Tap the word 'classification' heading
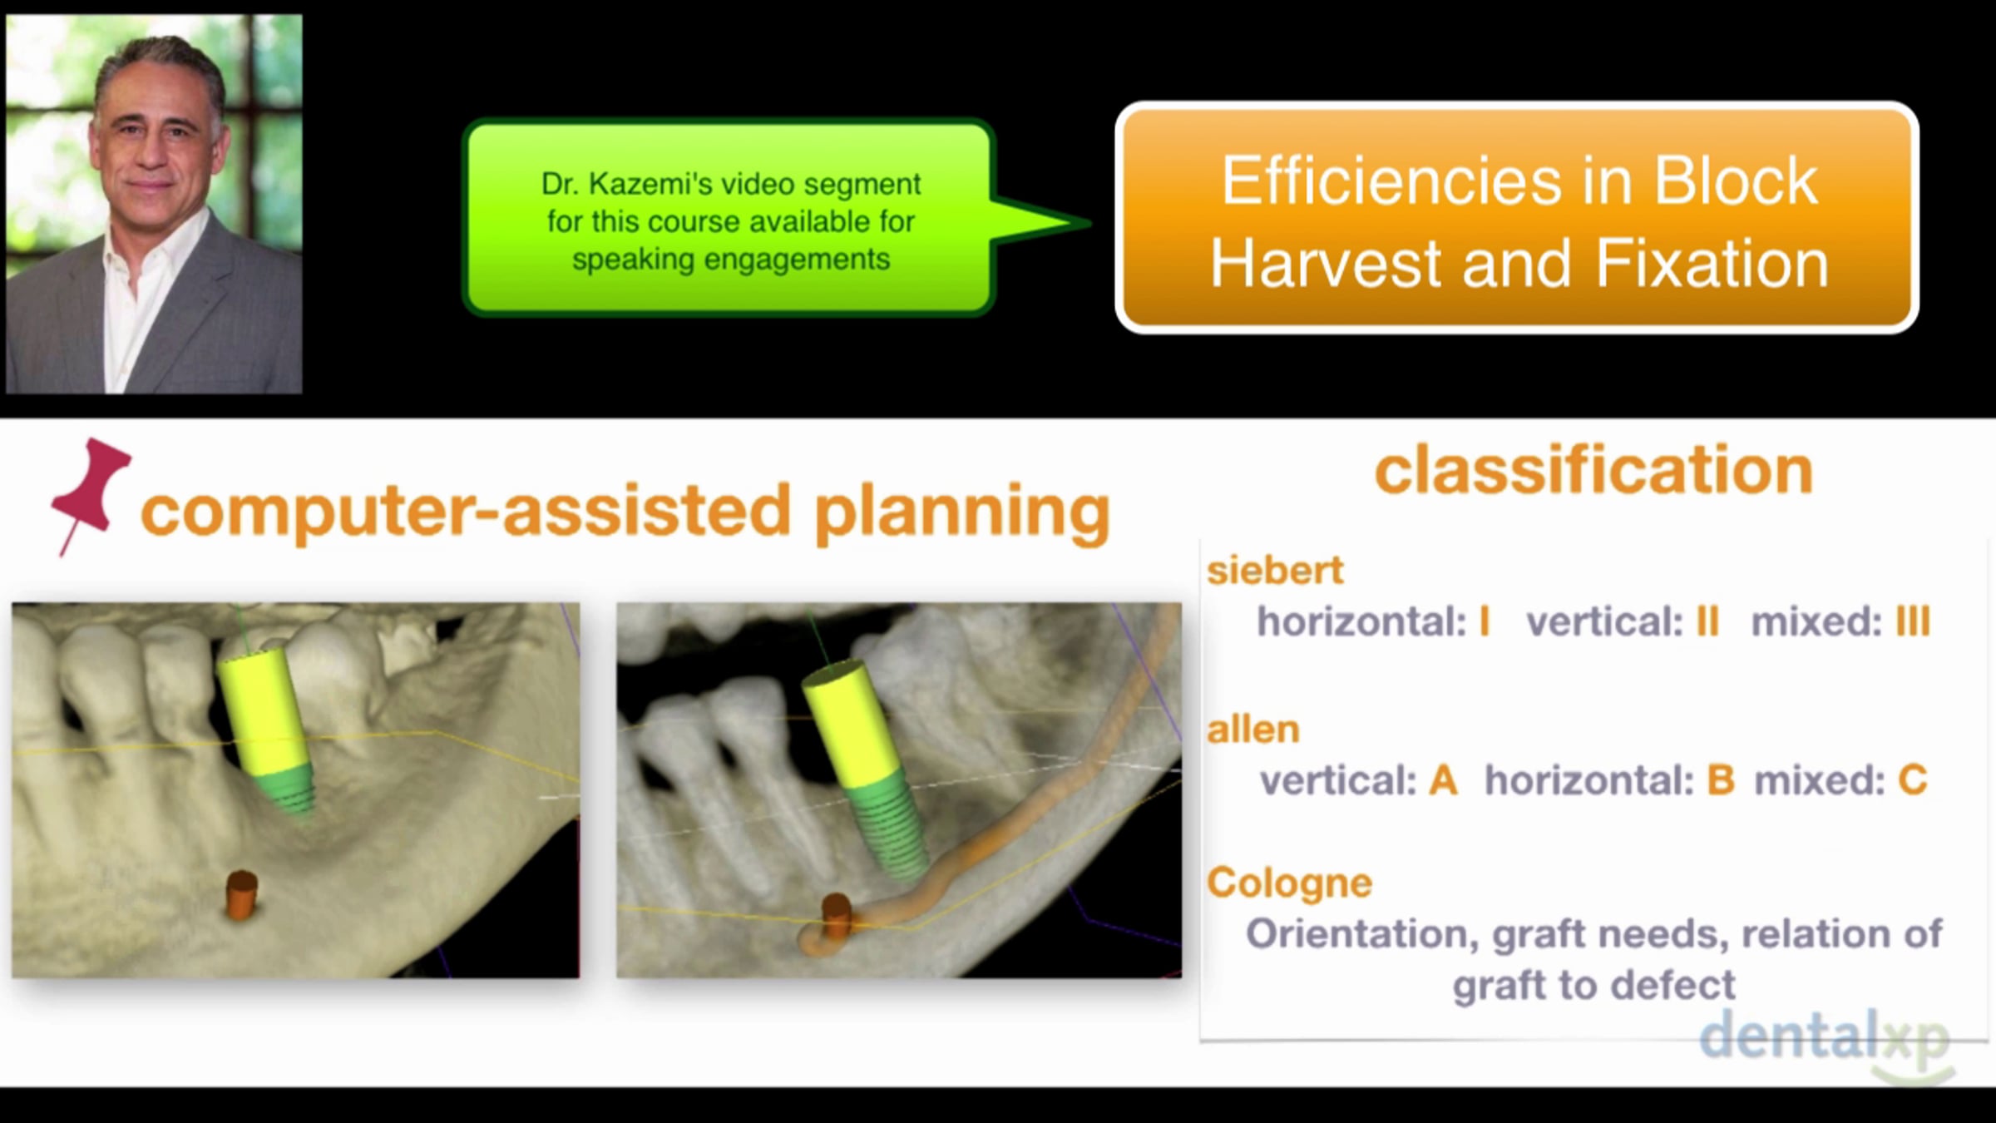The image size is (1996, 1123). (x=1593, y=470)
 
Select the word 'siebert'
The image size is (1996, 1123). (x=1275, y=571)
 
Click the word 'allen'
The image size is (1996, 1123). (x=1253, y=730)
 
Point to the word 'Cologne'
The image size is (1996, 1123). (x=1289, y=883)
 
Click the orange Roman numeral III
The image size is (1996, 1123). (x=1913, y=621)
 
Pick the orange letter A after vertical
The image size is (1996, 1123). (x=1443, y=780)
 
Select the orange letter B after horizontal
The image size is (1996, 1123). (x=1721, y=780)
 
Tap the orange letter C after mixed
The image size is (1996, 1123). (x=1913, y=780)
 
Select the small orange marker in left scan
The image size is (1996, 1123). (x=241, y=894)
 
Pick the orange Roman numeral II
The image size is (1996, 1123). (x=1707, y=621)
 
